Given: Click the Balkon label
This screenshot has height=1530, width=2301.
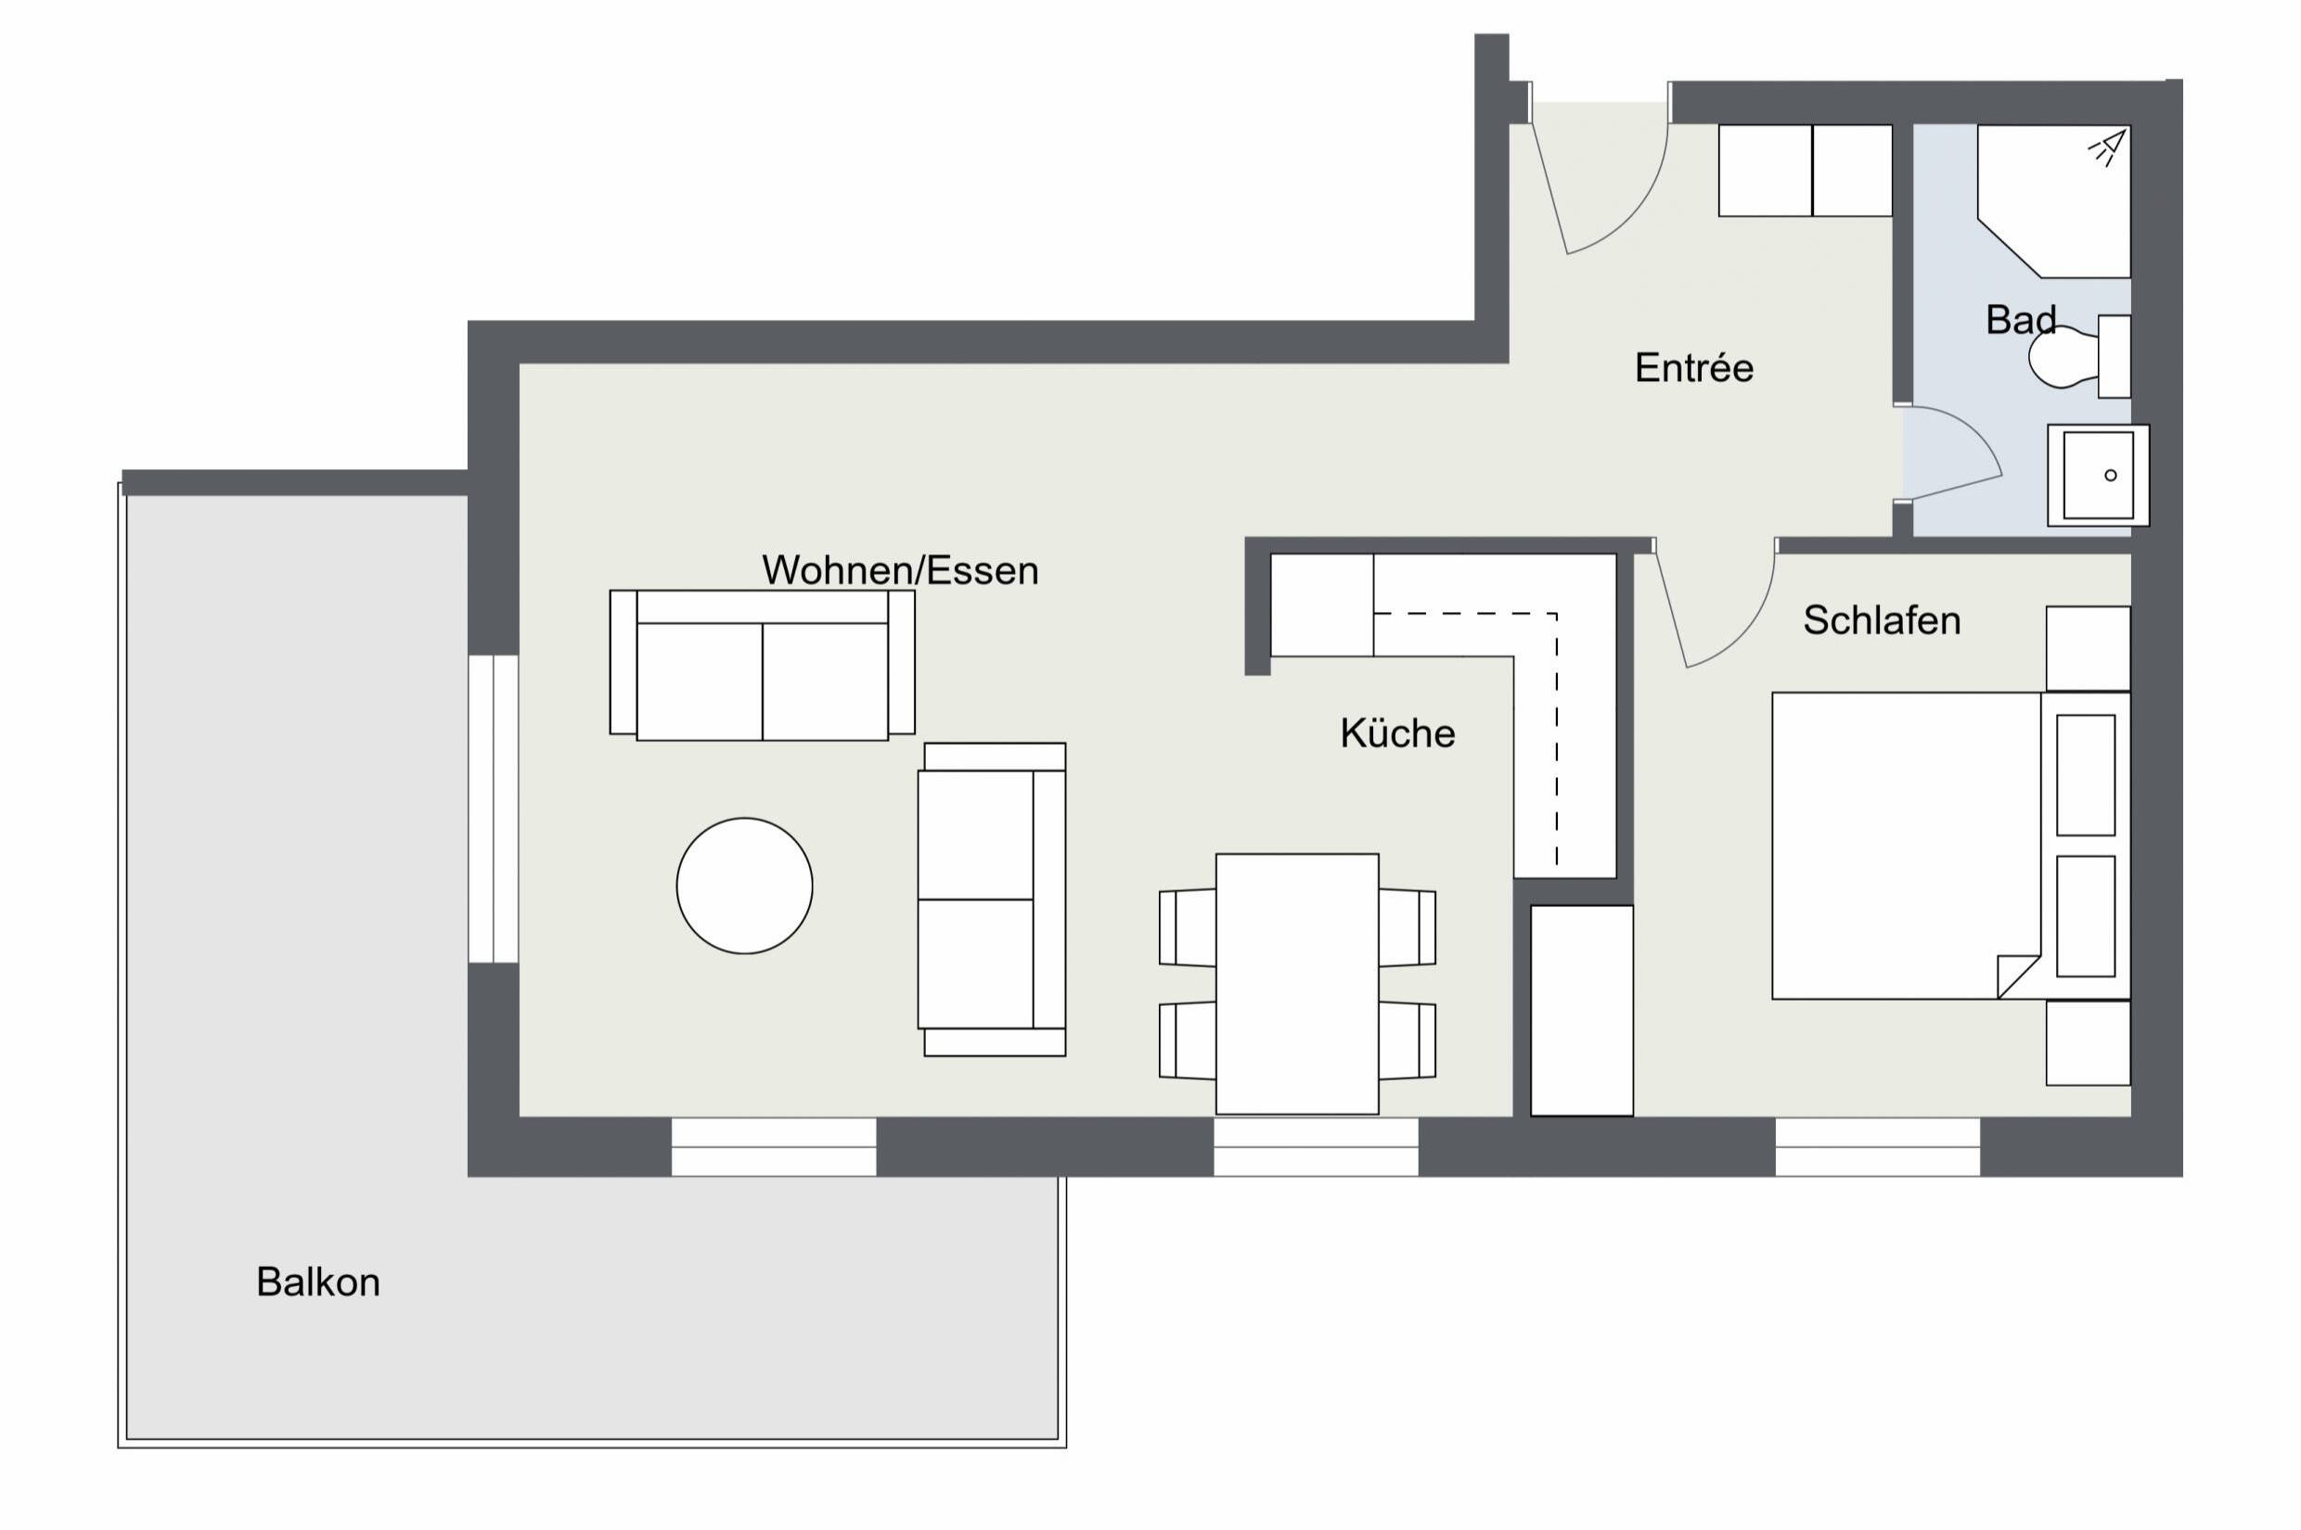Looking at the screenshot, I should tap(317, 1282).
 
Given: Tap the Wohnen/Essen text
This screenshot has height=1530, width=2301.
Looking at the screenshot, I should tap(899, 571).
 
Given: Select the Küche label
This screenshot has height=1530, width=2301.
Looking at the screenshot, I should tap(1397, 733).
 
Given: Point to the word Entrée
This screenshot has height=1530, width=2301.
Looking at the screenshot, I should tap(1694, 369).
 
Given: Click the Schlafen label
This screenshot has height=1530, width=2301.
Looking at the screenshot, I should tap(1882, 620).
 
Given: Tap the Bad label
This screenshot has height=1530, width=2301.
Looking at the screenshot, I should tap(2020, 320).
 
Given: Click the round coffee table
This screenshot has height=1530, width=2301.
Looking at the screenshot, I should tap(744, 885).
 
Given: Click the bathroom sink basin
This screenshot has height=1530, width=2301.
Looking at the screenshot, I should tap(2097, 475).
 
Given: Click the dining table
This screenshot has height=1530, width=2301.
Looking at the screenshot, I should tap(1296, 983).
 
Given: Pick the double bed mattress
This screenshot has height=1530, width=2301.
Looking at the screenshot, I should tap(1904, 844).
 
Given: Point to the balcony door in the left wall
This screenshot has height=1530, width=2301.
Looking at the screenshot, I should tap(493, 809).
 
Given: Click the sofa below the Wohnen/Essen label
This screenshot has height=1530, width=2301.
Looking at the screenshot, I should tap(762, 666).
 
